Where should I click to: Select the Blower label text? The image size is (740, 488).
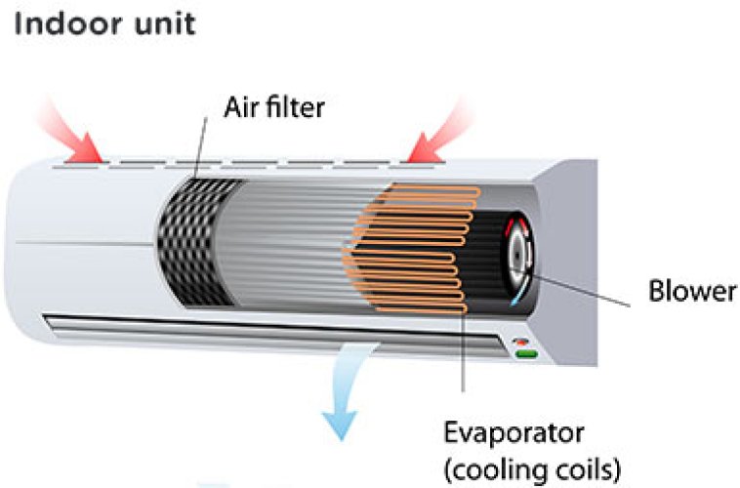click(x=692, y=292)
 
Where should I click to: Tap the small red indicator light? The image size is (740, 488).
click(x=523, y=342)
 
